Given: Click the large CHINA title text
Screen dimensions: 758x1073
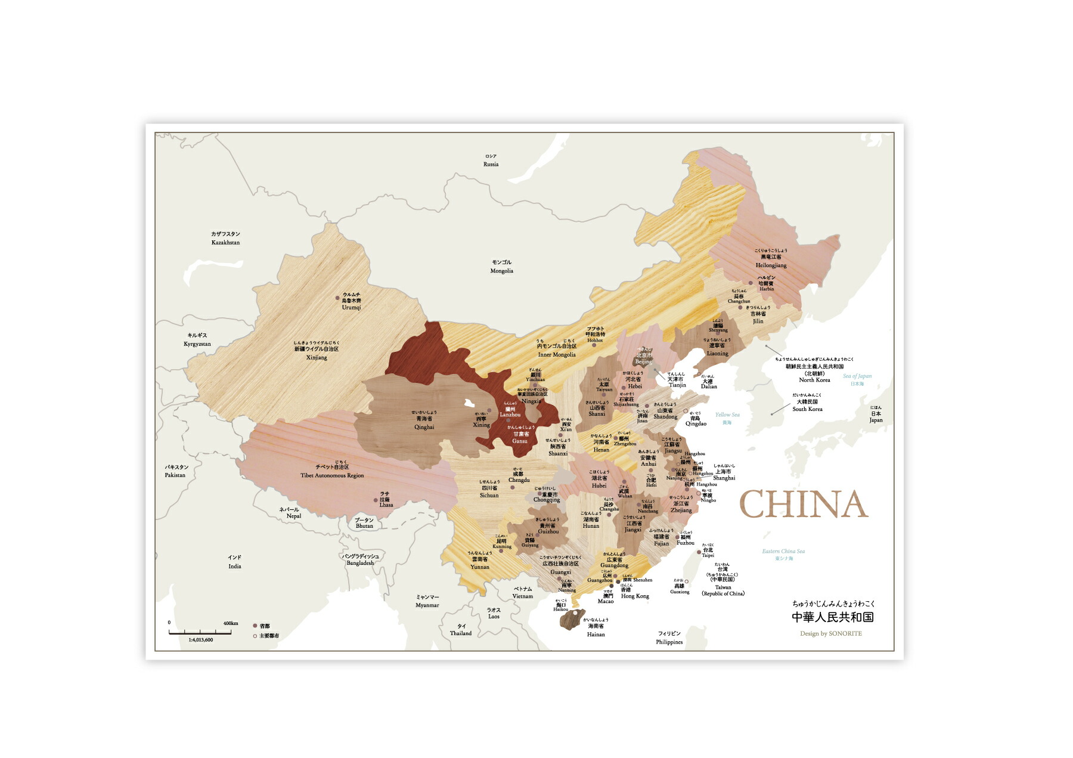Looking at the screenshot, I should pyautogui.click(x=803, y=505).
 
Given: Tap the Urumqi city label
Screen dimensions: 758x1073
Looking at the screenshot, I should pyautogui.click(x=351, y=301).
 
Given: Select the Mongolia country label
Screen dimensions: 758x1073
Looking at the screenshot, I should pyautogui.click(x=501, y=267).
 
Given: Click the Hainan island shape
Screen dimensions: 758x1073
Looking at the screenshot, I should pyautogui.click(x=573, y=619).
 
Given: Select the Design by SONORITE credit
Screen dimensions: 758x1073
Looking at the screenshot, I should pyautogui.click(x=830, y=633).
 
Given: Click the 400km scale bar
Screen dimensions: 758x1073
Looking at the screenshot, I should pyautogui.click(x=200, y=632).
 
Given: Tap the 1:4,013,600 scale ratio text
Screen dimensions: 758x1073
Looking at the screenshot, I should pyautogui.click(x=200, y=640).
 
